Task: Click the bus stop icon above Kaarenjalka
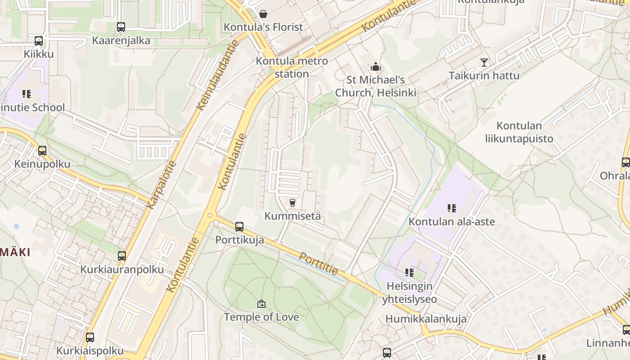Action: [121, 27]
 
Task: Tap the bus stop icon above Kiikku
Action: [39, 41]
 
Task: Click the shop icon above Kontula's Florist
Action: [263, 14]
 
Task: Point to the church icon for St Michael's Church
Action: [376, 67]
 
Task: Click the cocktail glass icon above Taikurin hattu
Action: [484, 62]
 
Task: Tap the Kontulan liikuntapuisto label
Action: [519, 132]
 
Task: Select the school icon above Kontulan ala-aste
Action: [451, 208]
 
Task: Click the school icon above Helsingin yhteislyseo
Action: [409, 272]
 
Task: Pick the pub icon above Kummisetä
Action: [292, 202]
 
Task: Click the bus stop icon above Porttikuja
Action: [239, 226]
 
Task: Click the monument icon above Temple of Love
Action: [261, 304]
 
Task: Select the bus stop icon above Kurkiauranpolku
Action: [122, 256]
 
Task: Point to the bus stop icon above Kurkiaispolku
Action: [90, 337]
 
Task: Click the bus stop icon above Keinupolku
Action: [42, 150]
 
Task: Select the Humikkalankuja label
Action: [426, 319]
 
